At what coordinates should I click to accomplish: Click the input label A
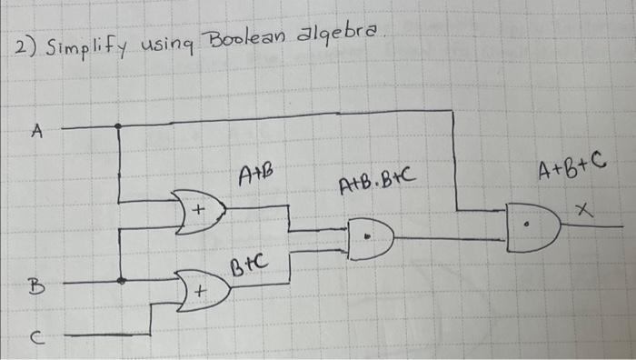[37, 132]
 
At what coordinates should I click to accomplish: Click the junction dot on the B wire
[122, 281]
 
